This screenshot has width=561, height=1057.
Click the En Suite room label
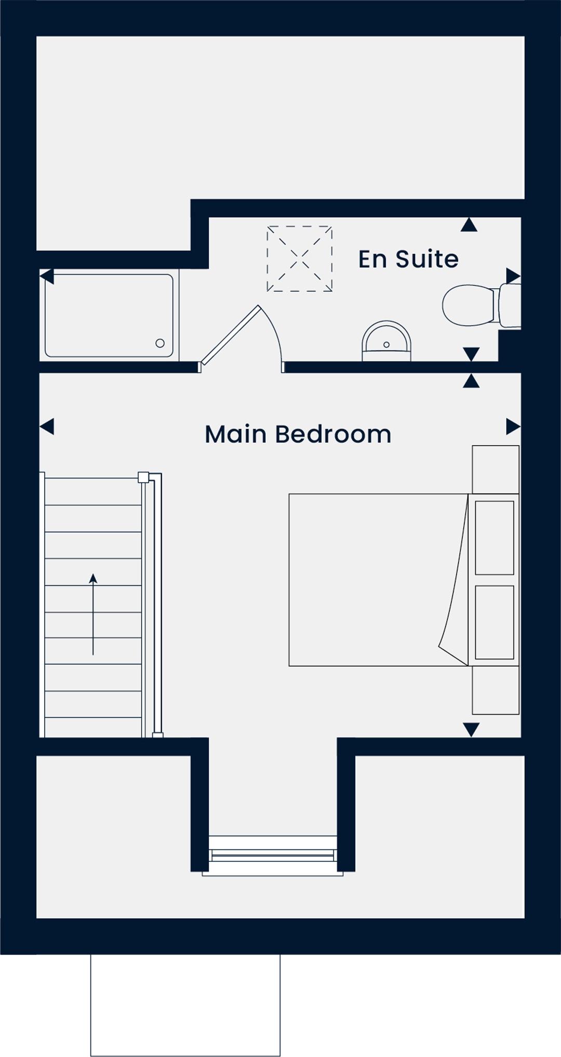(408, 259)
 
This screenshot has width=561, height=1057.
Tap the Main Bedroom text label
(298, 434)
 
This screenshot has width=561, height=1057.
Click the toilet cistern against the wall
(510, 305)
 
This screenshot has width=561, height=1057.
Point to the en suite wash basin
(386, 341)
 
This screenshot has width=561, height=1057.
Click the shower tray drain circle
(160, 343)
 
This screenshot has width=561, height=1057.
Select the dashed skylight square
(300, 259)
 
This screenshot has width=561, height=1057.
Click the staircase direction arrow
(93, 614)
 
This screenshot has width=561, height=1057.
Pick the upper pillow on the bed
(495, 538)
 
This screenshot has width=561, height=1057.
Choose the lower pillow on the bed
(495, 622)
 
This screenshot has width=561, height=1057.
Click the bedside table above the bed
(496, 470)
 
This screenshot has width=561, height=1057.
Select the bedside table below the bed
(496, 690)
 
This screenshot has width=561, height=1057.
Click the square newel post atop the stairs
(143, 477)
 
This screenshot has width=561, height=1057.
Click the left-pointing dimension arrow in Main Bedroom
(47, 427)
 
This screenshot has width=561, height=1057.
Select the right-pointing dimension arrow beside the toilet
(513, 276)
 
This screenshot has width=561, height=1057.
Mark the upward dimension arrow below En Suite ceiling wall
(469, 224)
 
